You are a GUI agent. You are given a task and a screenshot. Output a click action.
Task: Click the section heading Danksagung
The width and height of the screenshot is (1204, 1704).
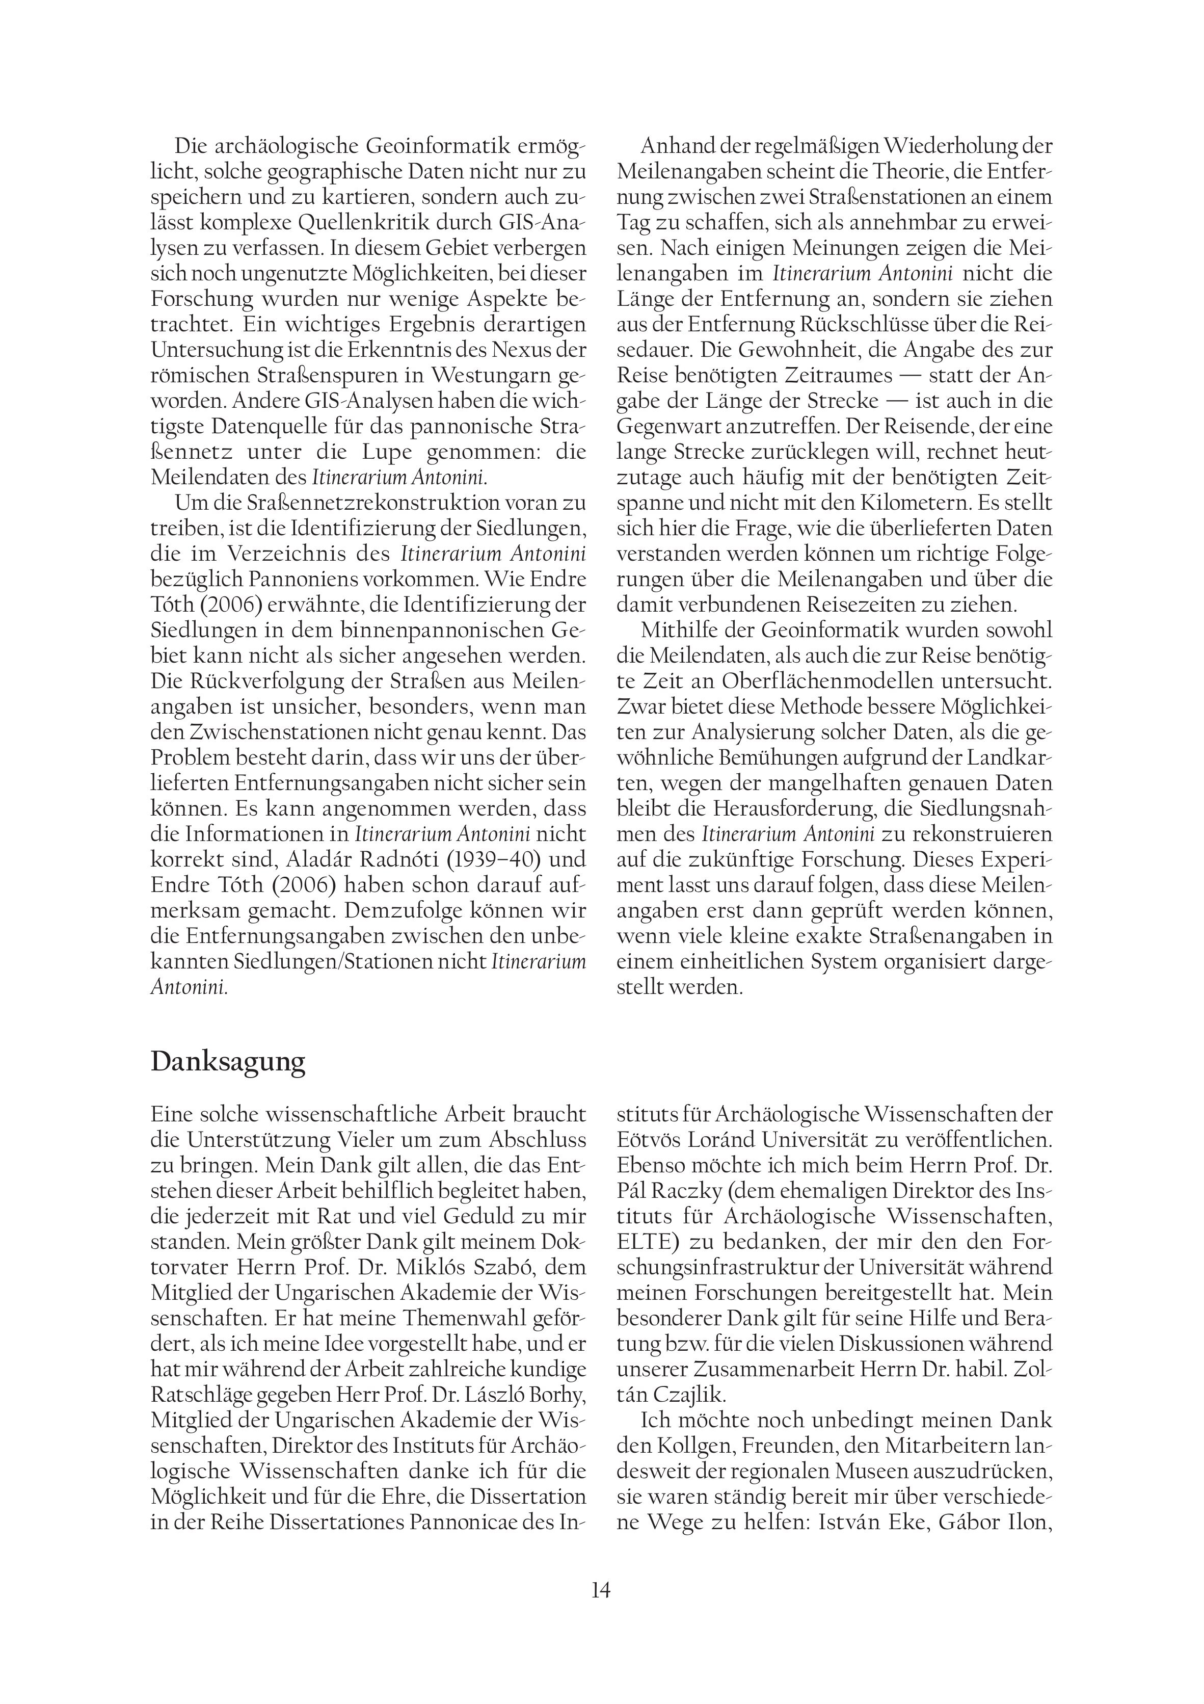228,1062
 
